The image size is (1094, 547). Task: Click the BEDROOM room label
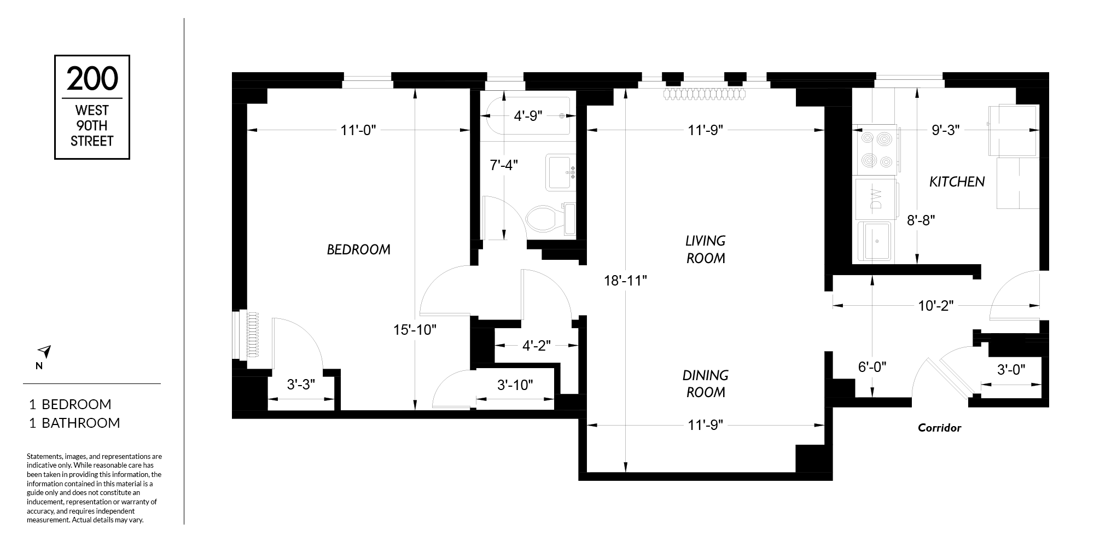click(359, 249)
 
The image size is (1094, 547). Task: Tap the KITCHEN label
click(957, 182)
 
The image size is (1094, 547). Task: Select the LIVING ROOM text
click(706, 249)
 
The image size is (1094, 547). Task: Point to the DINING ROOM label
click(706, 383)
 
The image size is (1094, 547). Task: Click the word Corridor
click(939, 428)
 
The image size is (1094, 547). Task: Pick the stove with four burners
click(875, 150)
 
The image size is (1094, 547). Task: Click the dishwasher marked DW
click(876, 199)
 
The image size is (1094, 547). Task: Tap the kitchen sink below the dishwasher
click(874, 241)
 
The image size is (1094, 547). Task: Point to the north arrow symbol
click(44, 351)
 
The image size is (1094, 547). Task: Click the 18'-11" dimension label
click(626, 281)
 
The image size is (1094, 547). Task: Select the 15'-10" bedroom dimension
click(415, 330)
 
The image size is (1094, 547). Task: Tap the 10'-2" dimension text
click(936, 306)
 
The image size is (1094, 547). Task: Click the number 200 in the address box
click(92, 79)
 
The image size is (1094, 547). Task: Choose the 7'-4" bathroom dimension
click(503, 165)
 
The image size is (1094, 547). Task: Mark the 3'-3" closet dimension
click(301, 385)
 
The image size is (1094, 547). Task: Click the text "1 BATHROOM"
click(74, 423)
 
